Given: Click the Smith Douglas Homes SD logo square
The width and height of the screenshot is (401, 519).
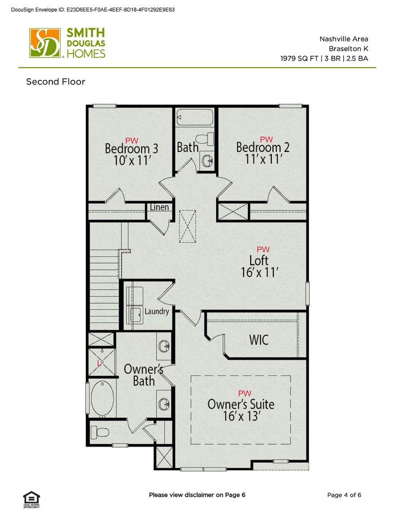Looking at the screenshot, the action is [45, 43].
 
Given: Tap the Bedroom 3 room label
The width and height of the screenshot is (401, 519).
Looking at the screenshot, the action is [131, 149].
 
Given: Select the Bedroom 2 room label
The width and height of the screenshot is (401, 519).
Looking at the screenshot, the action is [263, 147].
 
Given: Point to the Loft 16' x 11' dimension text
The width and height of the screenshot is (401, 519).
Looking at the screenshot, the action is [259, 272].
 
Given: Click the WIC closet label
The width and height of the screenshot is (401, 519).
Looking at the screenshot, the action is [259, 340].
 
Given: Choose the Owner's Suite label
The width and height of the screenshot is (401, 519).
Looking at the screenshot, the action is [241, 404].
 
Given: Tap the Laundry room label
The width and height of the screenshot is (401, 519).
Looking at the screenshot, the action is [157, 311].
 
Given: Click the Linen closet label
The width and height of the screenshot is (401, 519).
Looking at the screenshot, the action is [159, 207].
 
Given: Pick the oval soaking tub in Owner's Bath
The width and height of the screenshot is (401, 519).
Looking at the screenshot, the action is [102, 398].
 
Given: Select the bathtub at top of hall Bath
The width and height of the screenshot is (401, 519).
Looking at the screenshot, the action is [195, 117].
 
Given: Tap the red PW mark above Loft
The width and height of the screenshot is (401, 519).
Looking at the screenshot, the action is [263, 249].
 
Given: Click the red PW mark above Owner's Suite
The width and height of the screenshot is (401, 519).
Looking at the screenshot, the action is [244, 393].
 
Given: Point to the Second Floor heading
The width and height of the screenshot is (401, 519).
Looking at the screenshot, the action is [56, 82].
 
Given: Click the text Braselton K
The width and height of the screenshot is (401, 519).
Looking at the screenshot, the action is [349, 49].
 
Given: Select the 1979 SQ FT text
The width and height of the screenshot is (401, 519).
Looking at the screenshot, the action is [299, 58].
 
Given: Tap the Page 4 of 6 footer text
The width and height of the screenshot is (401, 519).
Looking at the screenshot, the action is [344, 495].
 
